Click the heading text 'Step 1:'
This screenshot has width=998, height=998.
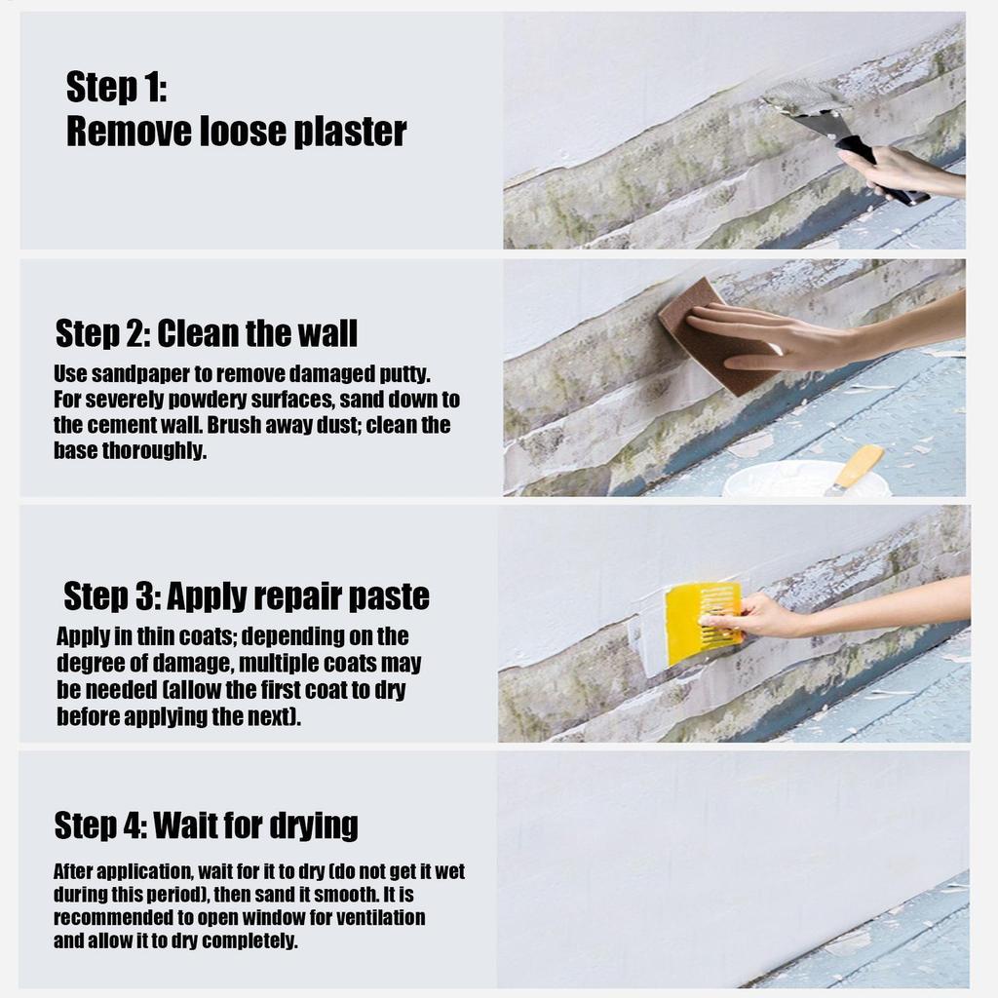coord(117,87)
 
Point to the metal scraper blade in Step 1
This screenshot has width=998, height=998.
coord(803,103)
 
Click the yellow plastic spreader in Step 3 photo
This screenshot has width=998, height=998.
coord(704,616)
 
